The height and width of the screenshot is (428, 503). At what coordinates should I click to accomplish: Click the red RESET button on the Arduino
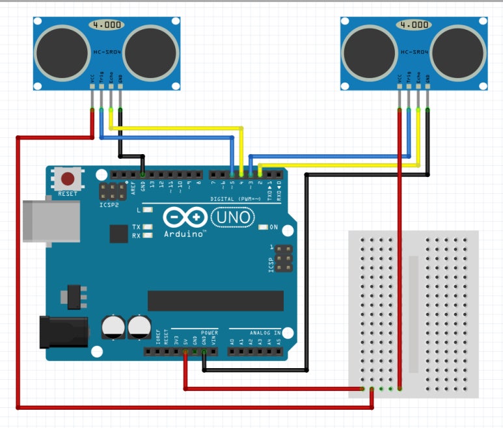(x=68, y=178)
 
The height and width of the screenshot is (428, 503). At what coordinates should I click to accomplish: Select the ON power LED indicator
(x=263, y=227)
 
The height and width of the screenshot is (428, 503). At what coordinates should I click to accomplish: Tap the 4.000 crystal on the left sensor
(x=106, y=25)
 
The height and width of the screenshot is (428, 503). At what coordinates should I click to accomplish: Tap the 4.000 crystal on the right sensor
(x=414, y=25)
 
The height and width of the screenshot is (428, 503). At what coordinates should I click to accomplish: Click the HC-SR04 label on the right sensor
(x=414, y=51)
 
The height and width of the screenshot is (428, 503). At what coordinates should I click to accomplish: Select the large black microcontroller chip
(x=215, y=301)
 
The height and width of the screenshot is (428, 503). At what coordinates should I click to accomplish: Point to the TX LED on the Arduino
(x=148, y=227)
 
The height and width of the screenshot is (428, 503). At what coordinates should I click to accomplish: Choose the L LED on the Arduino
(x=148, y=211)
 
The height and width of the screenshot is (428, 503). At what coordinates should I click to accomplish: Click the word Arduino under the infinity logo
(x=185, y=233)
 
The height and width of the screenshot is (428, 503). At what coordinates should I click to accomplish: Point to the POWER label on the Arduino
(x=210, y=332)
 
